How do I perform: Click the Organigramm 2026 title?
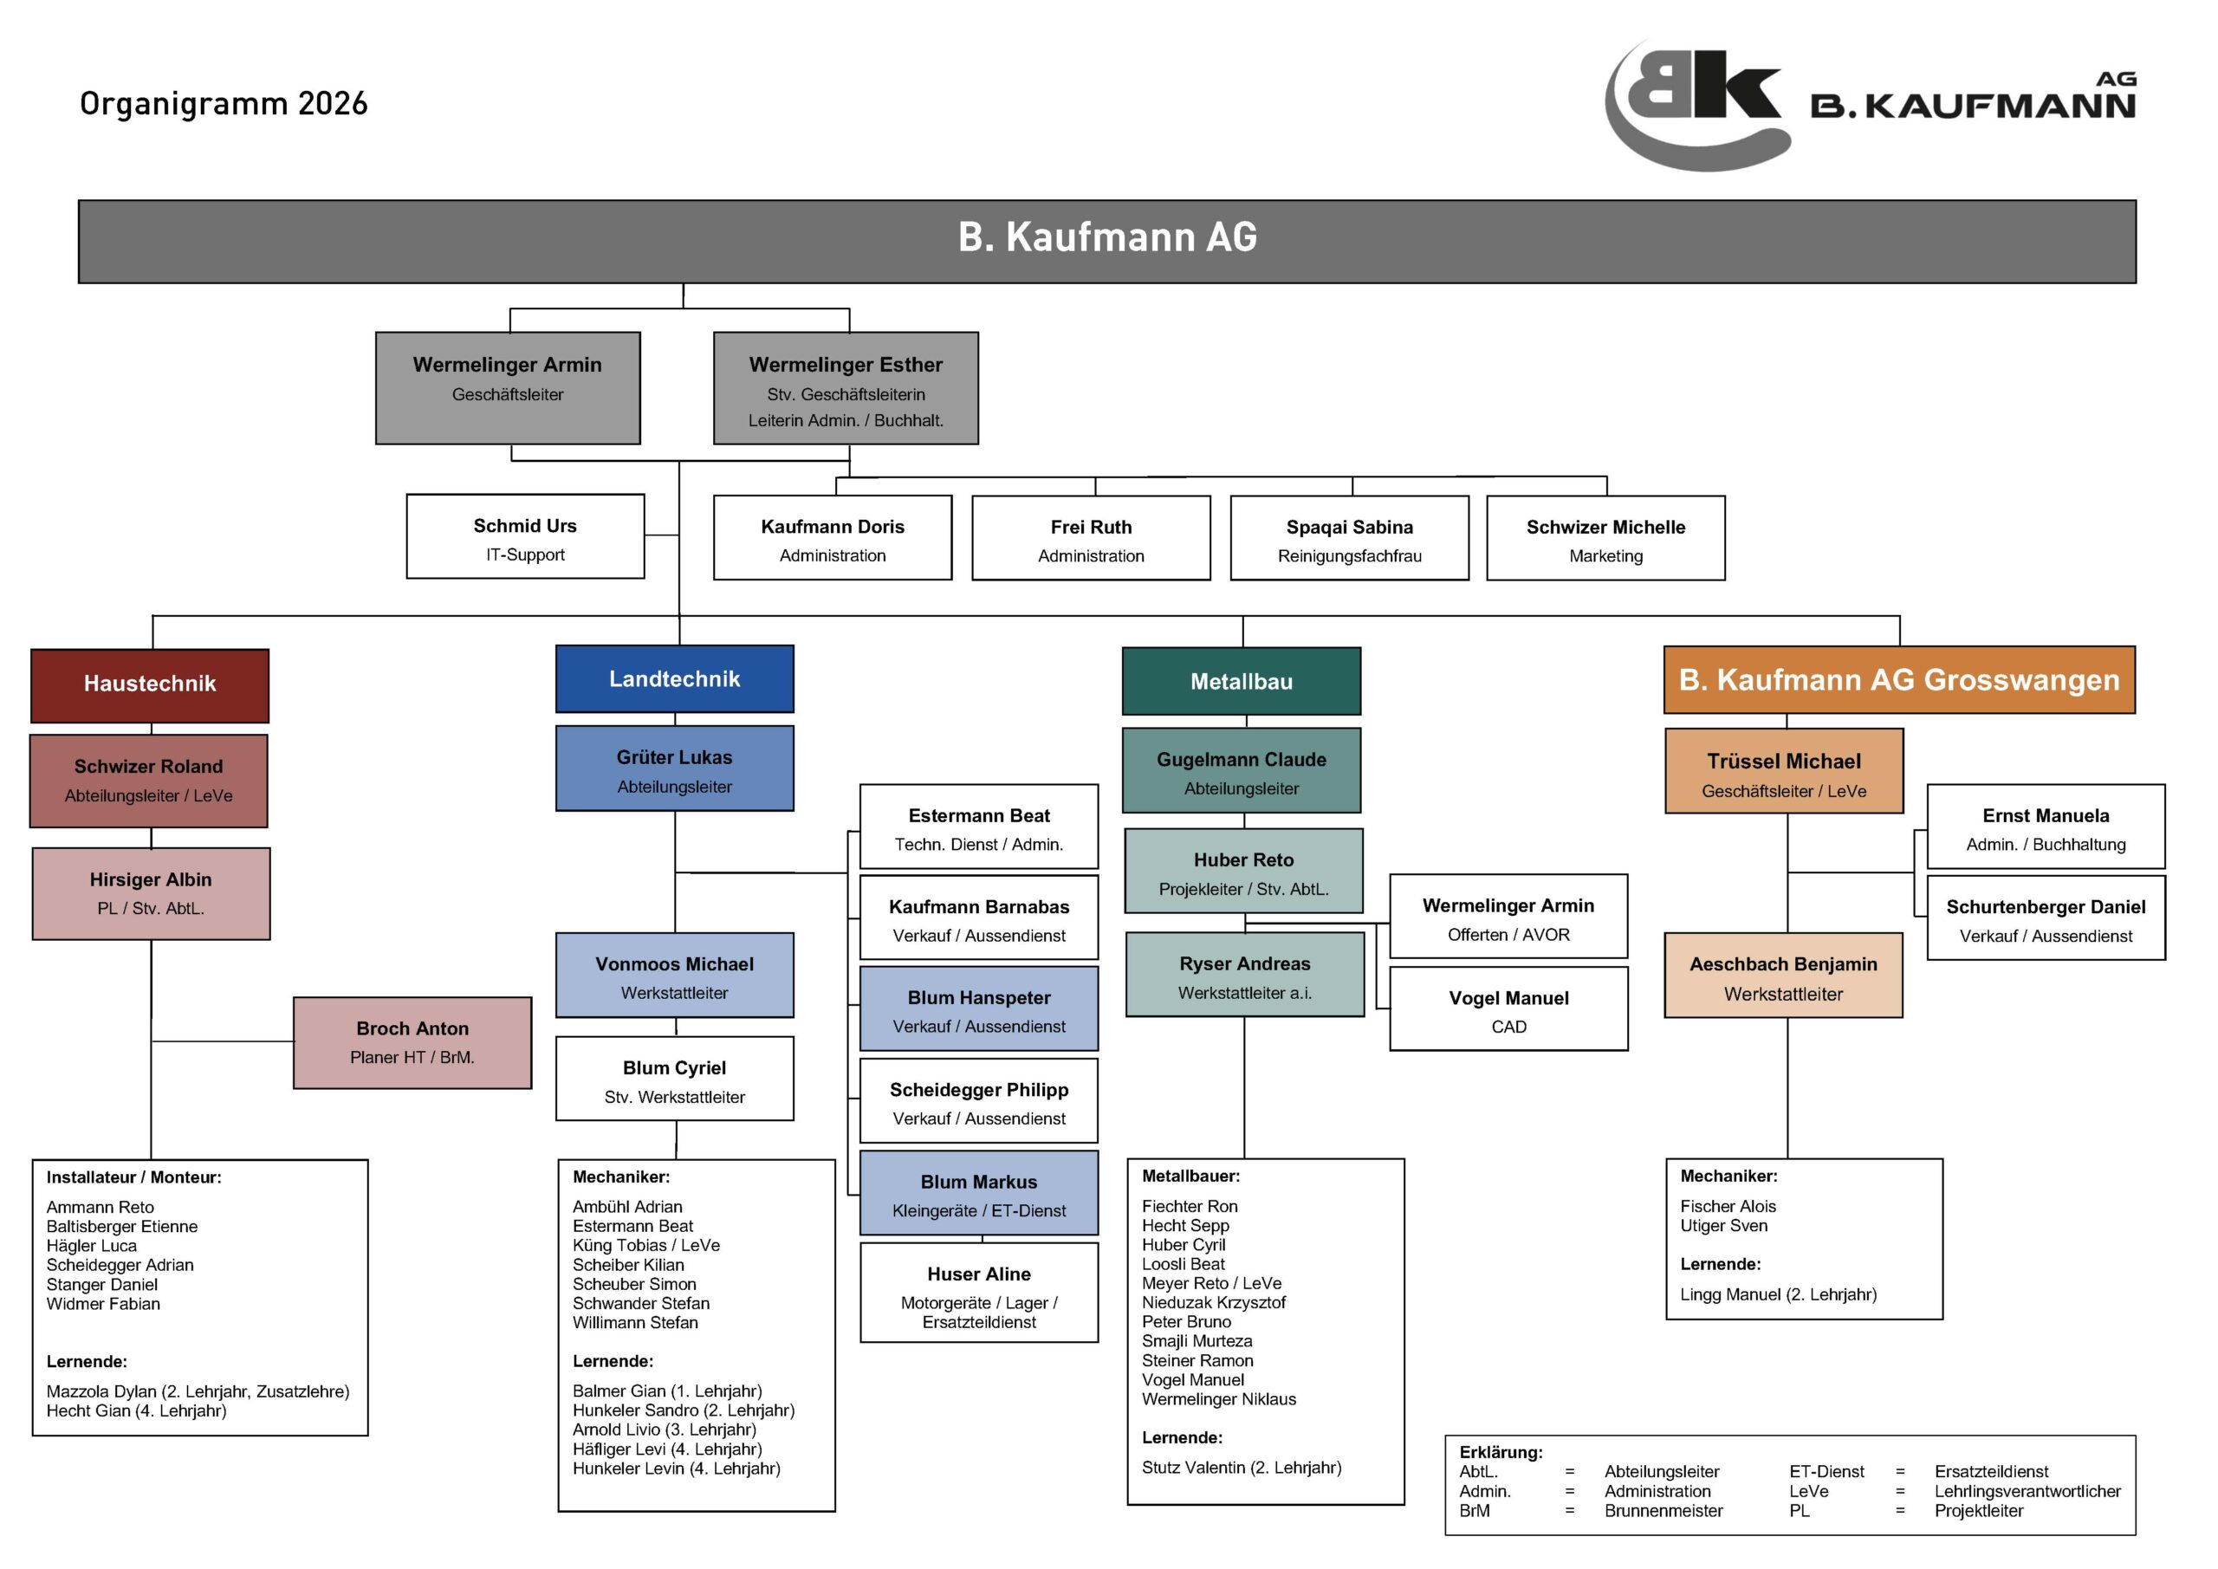[x=224, y=103]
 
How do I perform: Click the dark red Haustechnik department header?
[x=150, y=684]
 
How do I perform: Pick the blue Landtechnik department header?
[x=674, y=679]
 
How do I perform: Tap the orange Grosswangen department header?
[x=1898, y=680]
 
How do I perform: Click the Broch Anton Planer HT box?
[x=412, y=1042]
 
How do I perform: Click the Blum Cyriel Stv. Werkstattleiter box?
[x=674, y=1079]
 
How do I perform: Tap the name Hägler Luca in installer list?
[x=92, y=1247]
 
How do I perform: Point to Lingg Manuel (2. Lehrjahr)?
[x=1778, y=1294]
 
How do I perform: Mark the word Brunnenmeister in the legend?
[x=1663, y=1511]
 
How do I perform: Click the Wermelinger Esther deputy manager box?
[x=846, y=388]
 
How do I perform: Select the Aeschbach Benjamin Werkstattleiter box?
[x=1782, y=976]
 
